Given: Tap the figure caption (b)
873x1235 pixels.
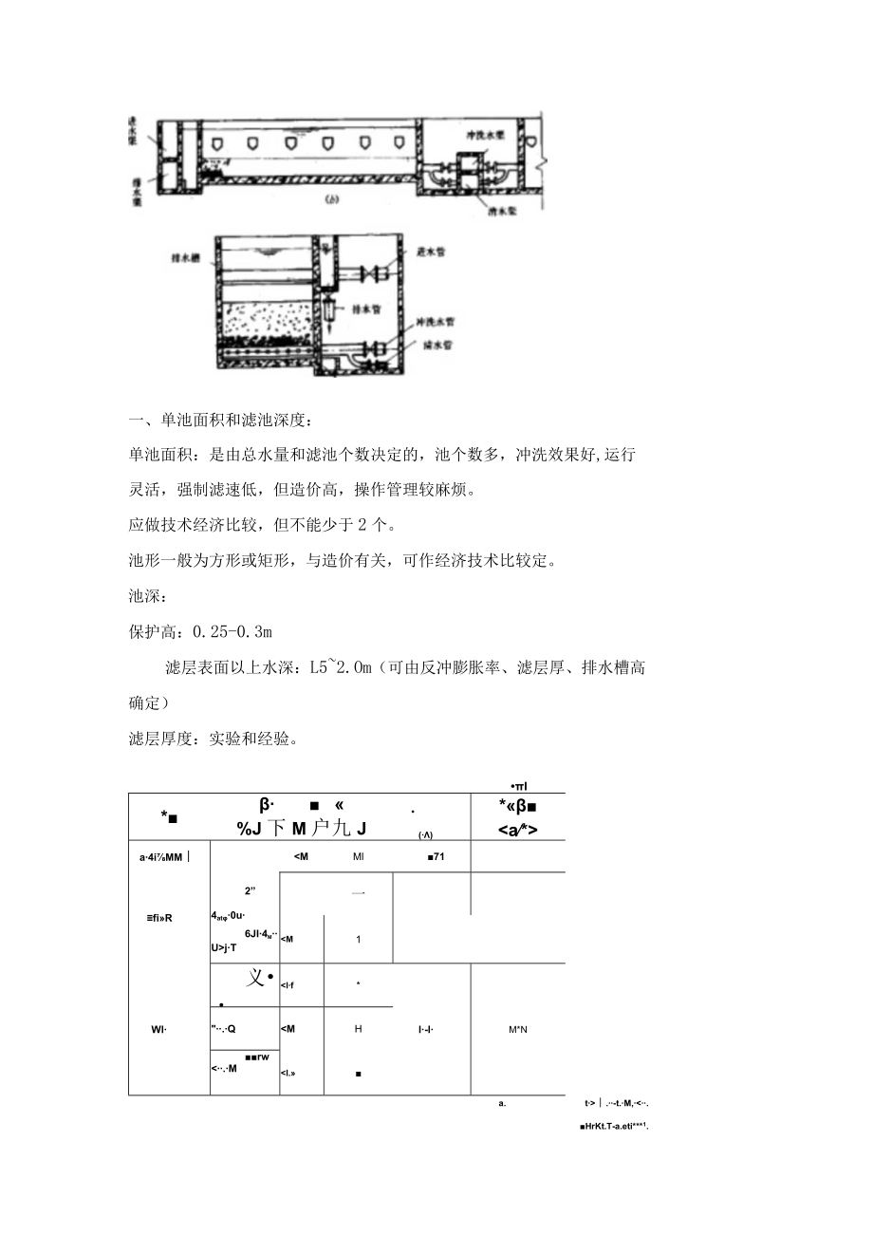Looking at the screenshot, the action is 333,200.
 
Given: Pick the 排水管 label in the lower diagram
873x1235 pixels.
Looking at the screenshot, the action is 366,308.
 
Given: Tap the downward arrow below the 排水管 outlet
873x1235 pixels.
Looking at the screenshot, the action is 327,327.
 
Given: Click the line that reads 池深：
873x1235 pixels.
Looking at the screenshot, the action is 149,596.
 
